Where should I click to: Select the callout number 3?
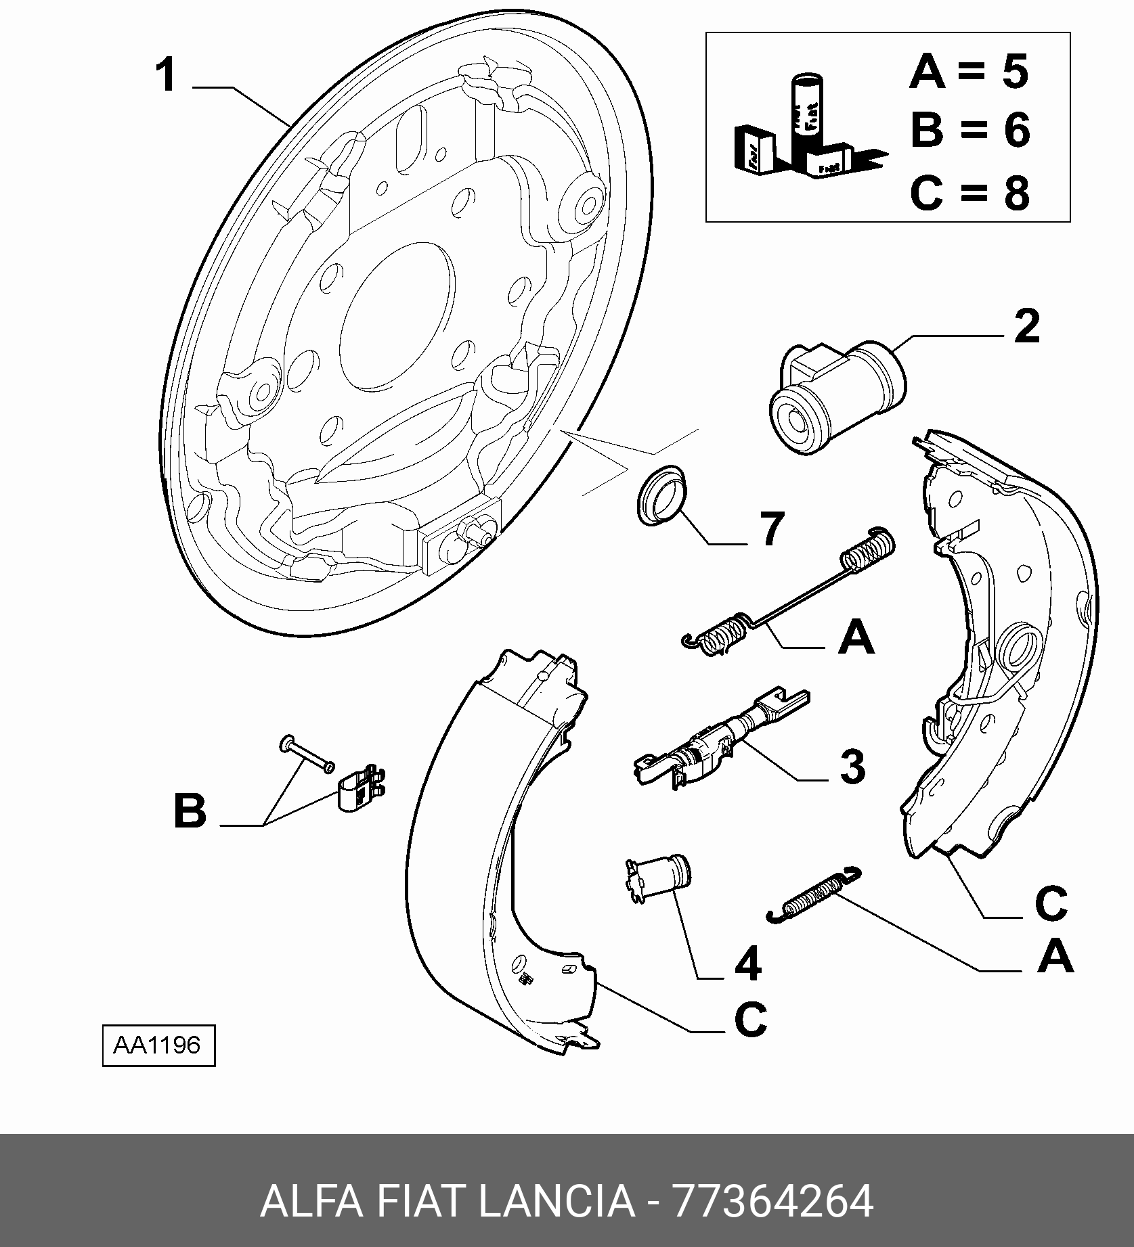852,767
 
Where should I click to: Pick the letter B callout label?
190,811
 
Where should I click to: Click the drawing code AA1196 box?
158,1046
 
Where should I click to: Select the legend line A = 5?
969,72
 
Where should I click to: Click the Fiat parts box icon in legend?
809,132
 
